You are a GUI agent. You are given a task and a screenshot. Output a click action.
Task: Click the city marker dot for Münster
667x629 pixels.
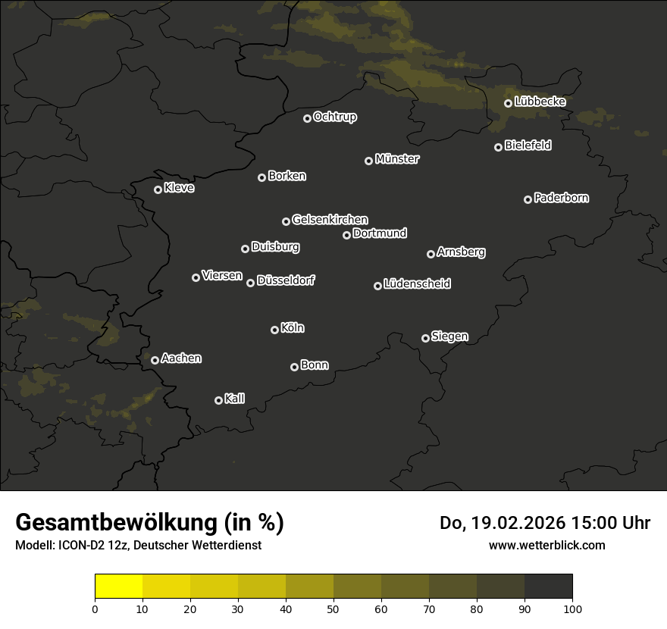(x=369, y=161)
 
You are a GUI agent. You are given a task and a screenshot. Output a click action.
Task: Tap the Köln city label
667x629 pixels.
(x=293, y=328)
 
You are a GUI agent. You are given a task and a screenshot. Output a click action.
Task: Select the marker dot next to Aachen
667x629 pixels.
(x=155, y=360)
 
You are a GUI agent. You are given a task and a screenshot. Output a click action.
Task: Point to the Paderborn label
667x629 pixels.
(x=562, y=198)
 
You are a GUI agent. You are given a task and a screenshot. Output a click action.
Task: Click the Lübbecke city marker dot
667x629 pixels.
(x=509, y=103)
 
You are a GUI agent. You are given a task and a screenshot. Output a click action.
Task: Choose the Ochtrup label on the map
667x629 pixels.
(x=335, y=117)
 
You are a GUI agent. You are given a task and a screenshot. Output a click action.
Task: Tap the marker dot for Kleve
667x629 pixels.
(x=158, y=189)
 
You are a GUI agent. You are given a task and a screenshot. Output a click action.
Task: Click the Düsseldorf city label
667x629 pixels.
(x=286, y=280)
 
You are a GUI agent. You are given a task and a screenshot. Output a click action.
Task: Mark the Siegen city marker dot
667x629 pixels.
(x=426, y=338)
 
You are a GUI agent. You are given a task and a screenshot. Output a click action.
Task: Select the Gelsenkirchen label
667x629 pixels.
(x=330, y=220)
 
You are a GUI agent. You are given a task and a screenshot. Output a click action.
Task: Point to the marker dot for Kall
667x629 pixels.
(x=219, y=400)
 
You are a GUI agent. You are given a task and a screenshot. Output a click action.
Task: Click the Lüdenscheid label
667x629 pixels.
(x=417, y=283)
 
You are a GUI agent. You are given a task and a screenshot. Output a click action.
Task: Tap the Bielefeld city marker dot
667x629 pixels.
(x=499, y=147)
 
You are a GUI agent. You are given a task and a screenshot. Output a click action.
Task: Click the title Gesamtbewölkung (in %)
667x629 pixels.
(x=149, y=523)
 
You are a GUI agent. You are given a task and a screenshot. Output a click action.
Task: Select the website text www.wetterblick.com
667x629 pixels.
(x=547, y=545)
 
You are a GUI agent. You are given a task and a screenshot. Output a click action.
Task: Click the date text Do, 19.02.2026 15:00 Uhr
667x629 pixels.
(x=545, y=523)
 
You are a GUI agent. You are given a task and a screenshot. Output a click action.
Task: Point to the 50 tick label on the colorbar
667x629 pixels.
(x=333, y=609)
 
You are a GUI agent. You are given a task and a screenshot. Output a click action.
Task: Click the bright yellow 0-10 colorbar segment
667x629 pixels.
(x=119, y=587)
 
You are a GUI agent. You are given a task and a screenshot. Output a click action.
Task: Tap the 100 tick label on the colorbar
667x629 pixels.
(x=572, y=609)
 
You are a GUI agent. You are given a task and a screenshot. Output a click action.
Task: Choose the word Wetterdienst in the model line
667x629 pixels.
(x=227, y=545)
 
